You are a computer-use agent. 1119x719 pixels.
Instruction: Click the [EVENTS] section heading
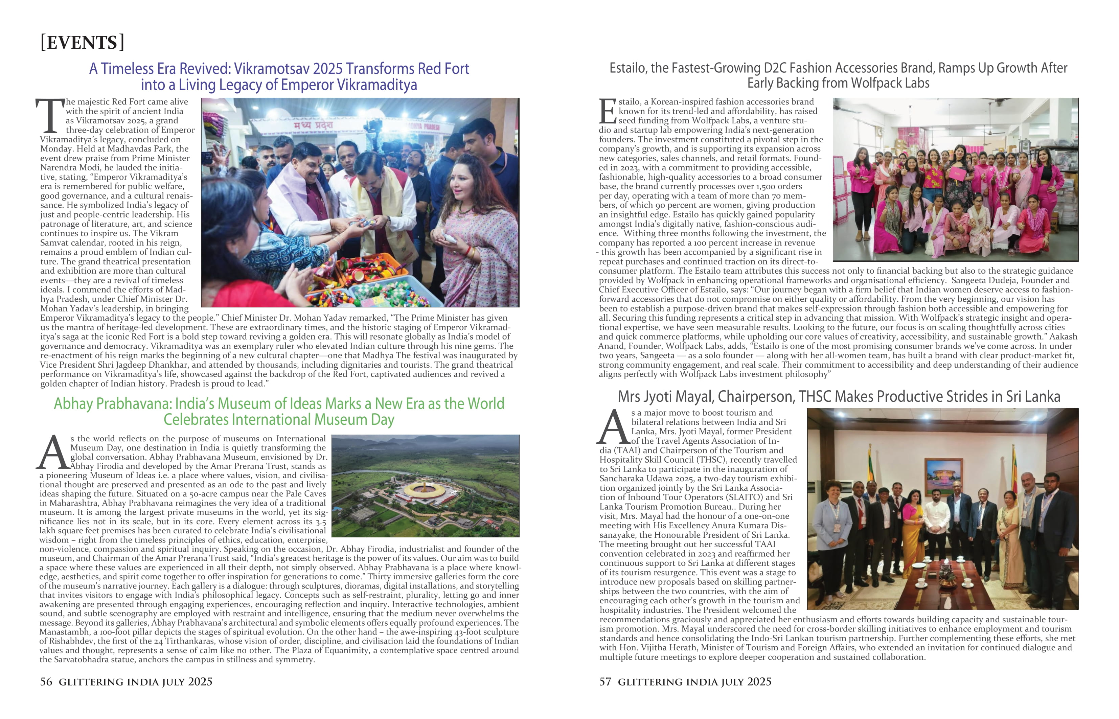pos(82,43)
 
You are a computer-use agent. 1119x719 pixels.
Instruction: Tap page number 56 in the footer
pos(46,682)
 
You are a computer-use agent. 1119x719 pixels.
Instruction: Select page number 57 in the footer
pos(605,682)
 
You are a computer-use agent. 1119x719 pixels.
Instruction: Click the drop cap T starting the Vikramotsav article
pos(50,115)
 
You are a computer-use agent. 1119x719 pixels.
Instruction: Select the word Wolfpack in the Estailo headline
pos(866,83)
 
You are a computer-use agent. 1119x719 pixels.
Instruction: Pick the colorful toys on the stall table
pos(369,280)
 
